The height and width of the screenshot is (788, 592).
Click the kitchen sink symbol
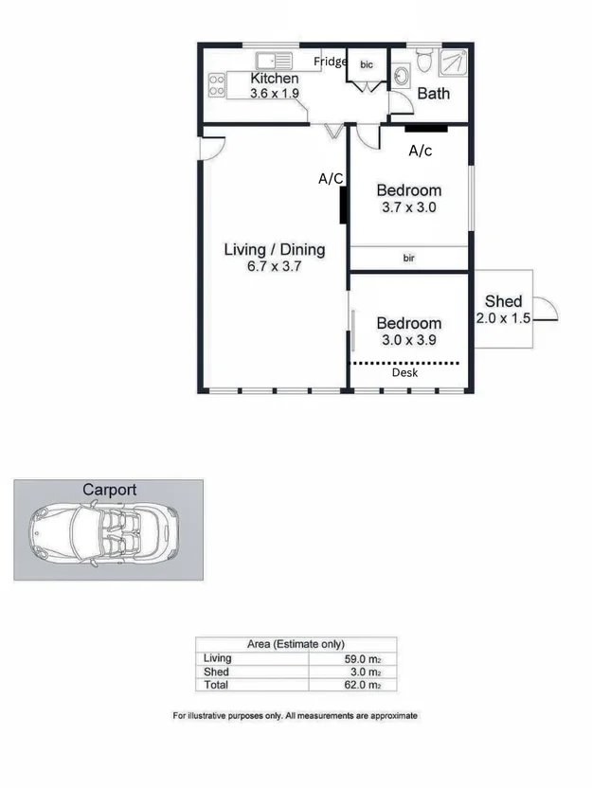[274, 61]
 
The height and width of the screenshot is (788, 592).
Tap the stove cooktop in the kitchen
[217, 85]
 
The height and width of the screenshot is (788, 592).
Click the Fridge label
[331, 62]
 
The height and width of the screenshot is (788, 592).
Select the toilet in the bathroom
[424, 61]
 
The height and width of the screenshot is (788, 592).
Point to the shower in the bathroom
[453, 63]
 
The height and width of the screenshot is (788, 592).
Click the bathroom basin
[401, 77]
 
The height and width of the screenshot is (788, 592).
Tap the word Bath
[433, 94]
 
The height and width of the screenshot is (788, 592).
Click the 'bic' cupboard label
[367, 64]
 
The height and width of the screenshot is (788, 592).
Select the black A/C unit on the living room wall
[343, 205]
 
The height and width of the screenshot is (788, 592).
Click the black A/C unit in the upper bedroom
[426, 129]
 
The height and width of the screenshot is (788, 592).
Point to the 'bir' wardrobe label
[408, 258]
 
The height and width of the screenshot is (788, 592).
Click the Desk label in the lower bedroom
[404, 372]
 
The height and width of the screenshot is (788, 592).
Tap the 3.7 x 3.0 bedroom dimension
[408, 207]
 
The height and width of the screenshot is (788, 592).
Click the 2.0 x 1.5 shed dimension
[503, 317]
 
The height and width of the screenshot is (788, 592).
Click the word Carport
[109, 490]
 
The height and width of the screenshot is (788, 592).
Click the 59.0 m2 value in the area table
[363, 658]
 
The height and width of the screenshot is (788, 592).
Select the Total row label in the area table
[216, 685]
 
